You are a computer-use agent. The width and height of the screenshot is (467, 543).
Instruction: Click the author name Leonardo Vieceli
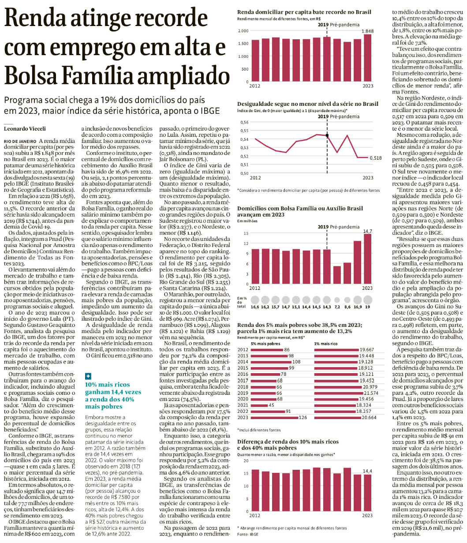coord(25,129)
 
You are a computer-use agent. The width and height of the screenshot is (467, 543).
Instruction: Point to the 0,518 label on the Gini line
coord(376,157)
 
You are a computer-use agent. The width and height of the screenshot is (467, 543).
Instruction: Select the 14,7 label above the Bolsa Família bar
coord(367,231)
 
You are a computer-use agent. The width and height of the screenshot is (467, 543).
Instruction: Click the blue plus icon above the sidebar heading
coord(88,376)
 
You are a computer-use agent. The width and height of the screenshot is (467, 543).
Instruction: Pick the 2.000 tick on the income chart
coord(243,31)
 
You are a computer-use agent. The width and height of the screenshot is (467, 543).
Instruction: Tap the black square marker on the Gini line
coord(327,135)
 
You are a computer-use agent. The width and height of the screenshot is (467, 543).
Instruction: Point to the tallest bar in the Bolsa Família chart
coord(367,258)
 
